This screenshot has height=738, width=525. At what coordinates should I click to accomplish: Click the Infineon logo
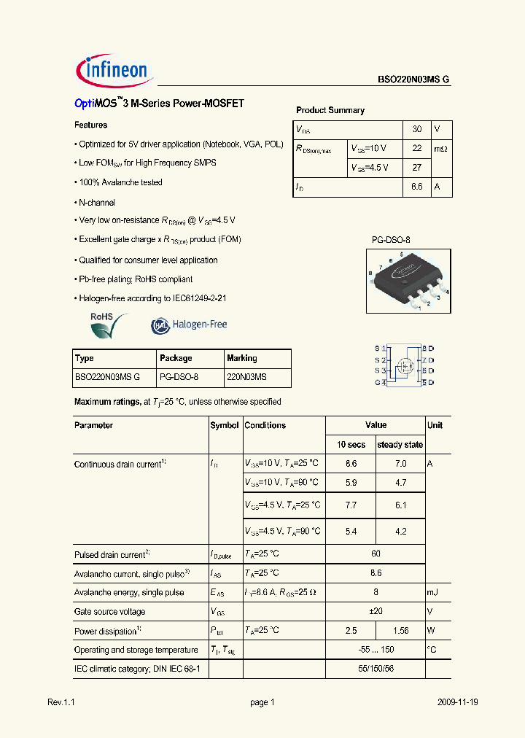(x=113, y=70)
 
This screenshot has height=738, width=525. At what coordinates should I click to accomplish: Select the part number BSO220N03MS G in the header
(x=413, y=80)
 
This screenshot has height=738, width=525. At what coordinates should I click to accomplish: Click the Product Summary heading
(x=330, y=110)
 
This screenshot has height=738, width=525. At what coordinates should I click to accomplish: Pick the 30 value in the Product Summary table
(x=417, y=129)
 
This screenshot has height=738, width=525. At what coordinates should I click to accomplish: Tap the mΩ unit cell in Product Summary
(x=441, y=149)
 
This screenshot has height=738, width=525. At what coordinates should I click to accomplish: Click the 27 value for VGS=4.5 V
(x=417, y=168)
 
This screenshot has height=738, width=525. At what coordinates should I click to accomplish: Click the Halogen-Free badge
(x=189, y=325)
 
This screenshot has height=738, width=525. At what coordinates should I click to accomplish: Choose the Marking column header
(x=242, y=358)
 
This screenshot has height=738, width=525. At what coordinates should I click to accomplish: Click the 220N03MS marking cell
(x=246, y=377)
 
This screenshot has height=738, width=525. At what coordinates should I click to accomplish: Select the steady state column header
(x=400, y=445)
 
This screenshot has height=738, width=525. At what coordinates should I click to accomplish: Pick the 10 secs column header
(x=351, y=445)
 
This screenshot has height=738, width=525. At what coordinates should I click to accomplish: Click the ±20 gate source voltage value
(x=376, y=612)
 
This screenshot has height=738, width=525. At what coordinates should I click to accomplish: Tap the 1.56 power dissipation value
(x=400, y=631)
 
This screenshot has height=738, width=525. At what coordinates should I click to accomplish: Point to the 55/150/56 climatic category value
(x=376, y=669)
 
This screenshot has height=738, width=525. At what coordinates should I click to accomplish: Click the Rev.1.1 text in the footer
(x=61, y=702)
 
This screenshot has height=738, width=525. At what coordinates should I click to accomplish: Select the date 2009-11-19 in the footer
(x=458, y=702)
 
